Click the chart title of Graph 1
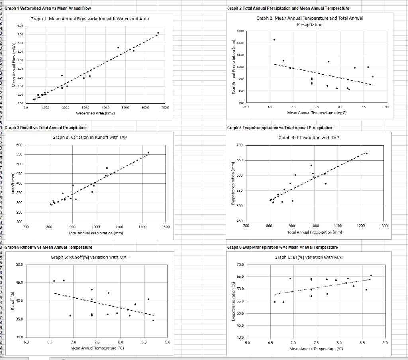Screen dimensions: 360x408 point(90,19)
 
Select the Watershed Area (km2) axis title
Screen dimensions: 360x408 point(96,114)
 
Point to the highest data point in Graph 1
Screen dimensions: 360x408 point(158,33)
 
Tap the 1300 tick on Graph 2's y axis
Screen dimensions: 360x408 point(240,31)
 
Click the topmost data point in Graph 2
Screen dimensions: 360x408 point(274,39)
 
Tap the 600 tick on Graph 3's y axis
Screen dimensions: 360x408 point(20,145)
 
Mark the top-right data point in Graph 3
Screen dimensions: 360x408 point(149,153)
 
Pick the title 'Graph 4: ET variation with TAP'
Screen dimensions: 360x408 point(308,138)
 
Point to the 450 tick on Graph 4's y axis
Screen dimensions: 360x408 point(239,221)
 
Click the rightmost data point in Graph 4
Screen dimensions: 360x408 point(367,153)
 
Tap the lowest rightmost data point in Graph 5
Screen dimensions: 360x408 point(153,320)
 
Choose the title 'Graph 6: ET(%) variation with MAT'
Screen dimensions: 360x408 point(308,257)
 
